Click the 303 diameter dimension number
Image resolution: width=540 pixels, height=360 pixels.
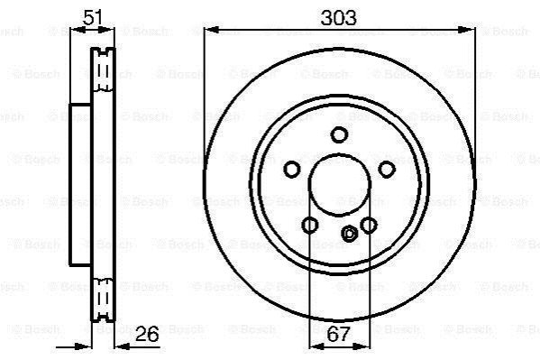point(338,18)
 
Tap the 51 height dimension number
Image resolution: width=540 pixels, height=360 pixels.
point(92,17)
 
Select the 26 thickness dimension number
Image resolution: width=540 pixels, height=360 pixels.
point(147,334)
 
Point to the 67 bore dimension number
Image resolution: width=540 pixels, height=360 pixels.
point(339,334)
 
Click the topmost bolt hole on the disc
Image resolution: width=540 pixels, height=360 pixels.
point(339,134)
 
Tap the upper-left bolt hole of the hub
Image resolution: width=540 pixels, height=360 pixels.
point(292,169)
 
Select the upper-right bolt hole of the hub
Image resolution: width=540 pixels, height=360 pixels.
point(387,169)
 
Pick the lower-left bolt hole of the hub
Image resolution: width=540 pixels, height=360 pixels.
point(309,226)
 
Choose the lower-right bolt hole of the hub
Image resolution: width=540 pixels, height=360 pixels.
point(369,226)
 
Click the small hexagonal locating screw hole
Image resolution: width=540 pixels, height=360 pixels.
point(349,234)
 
